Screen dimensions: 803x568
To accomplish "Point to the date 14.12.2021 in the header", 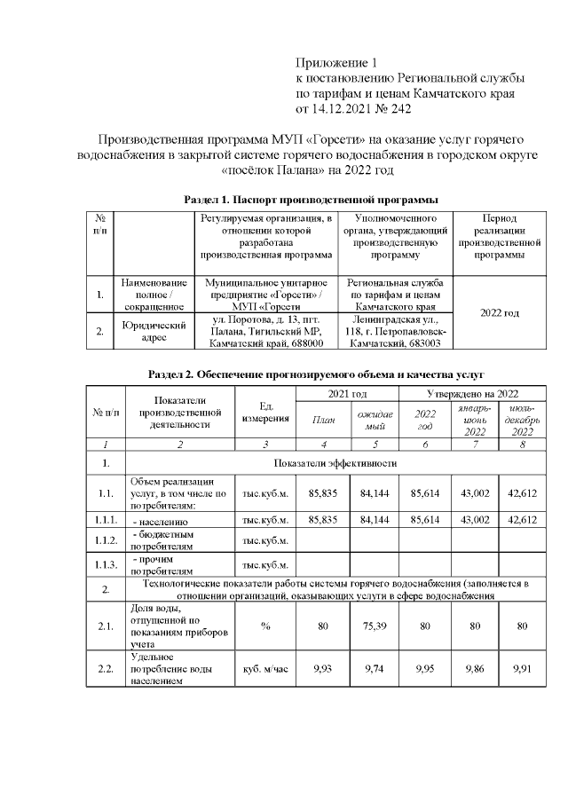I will [343, 108].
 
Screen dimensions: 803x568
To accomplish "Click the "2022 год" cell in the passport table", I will [500, 312].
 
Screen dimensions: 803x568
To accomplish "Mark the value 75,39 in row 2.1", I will [371, 626].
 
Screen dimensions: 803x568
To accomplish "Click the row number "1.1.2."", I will [106, 539].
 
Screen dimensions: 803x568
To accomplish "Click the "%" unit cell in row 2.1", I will [264, 626].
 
